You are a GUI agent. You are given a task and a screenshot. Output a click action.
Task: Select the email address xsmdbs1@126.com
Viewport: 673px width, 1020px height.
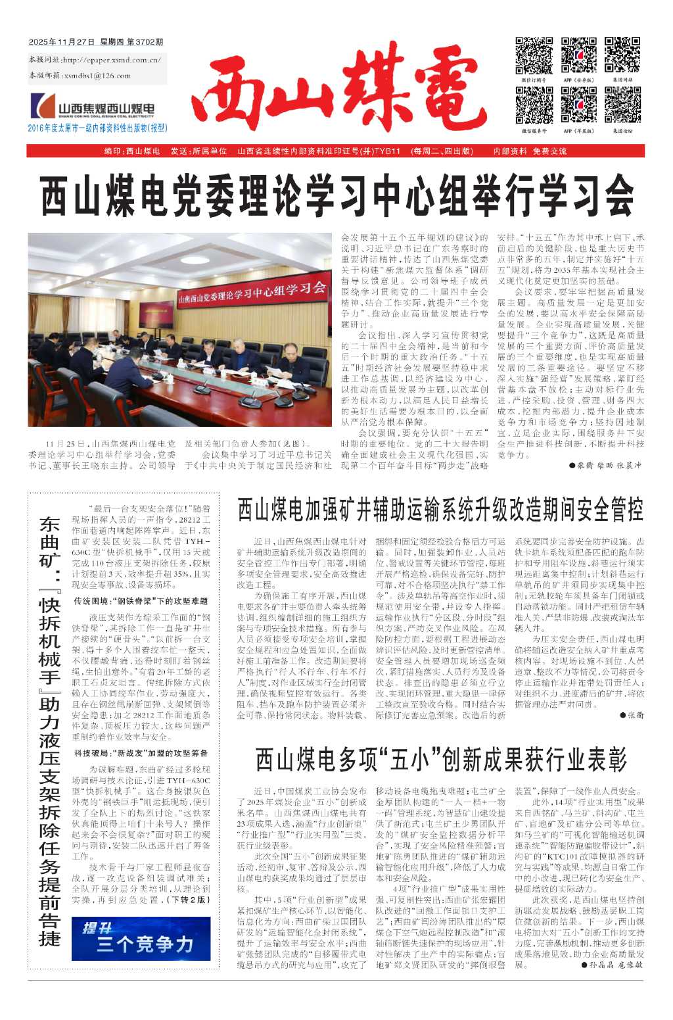coord(98,76)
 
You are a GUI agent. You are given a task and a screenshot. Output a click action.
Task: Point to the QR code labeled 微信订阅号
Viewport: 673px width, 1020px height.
coord(534,56)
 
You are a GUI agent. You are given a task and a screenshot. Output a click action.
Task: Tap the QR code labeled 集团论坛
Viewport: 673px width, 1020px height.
coord(622,105)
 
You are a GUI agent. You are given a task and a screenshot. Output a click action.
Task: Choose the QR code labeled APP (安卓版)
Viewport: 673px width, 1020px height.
coord(578,56)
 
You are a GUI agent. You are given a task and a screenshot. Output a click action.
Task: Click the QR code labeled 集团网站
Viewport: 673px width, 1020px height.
coord(622,56)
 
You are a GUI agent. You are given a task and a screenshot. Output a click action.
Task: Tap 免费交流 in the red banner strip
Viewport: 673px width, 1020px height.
coord(549,151)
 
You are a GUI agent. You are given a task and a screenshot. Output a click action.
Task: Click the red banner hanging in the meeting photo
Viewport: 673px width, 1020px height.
coord(252,292)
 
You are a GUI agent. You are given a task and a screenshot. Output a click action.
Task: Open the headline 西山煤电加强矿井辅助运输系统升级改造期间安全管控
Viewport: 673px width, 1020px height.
coord(440,510)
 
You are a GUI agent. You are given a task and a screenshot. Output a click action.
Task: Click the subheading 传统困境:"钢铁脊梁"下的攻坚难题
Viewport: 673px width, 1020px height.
coord(141,600)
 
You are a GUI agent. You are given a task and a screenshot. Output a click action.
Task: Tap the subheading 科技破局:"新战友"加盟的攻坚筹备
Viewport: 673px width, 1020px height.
coord(141,753)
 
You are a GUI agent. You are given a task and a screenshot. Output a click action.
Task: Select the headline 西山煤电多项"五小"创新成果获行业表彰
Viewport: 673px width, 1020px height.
coord(440,760)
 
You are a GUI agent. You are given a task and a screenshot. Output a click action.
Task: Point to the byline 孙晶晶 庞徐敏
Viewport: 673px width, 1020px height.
coord(612,965)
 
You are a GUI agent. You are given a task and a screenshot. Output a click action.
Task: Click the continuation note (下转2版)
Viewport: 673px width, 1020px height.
coord(189,899)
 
